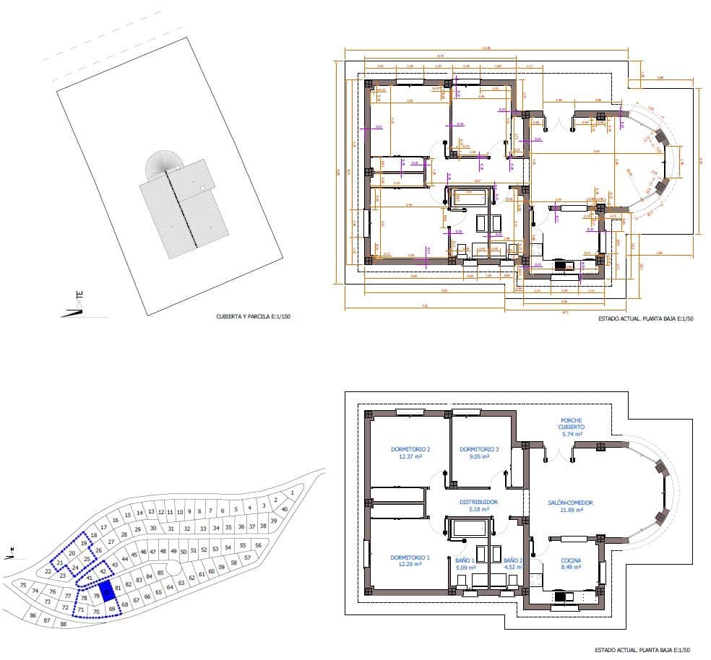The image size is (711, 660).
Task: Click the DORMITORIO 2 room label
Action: tap(405, 453)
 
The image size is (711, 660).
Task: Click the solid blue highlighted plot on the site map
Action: tap(106, 592)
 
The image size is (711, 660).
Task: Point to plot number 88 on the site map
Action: tap(63, 623)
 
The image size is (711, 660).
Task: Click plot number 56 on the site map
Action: tap(258, 545)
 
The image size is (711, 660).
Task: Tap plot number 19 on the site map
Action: tap(84, 543)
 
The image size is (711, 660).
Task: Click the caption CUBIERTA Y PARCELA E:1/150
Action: tap(253, 317)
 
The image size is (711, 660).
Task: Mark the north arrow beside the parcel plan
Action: tap(75, 307)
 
